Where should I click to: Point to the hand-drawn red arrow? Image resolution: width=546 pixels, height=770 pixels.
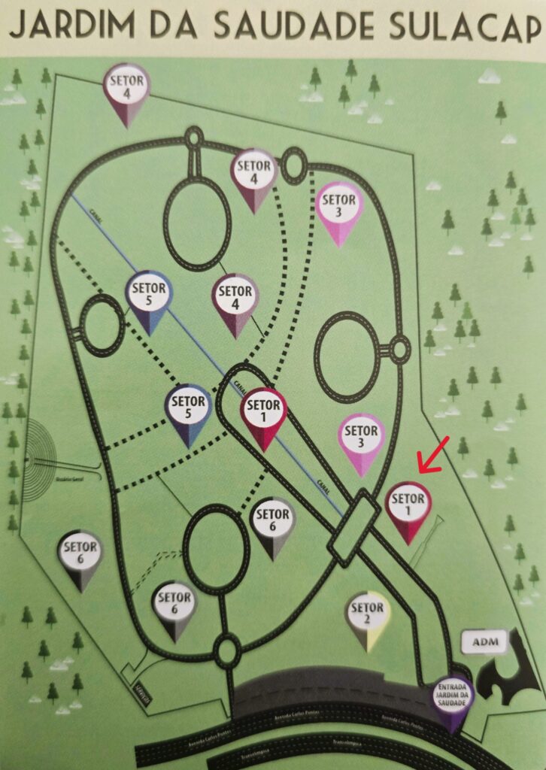433,456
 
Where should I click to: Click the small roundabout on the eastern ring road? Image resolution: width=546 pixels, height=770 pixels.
399,348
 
